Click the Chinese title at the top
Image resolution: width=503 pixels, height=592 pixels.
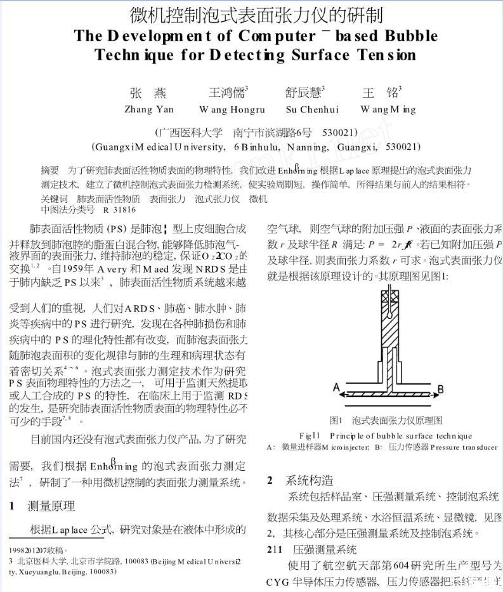[x=256, y=13]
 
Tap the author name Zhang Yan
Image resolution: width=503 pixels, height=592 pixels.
[x=148, y=109]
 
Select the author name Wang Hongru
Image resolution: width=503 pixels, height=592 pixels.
[x=232, y=109]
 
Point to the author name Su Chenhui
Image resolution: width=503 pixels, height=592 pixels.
[x=312, y=109]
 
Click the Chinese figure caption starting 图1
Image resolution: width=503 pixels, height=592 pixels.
[x=386, y=420]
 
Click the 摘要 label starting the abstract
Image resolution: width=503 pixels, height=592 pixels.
[x=49, y=171]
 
